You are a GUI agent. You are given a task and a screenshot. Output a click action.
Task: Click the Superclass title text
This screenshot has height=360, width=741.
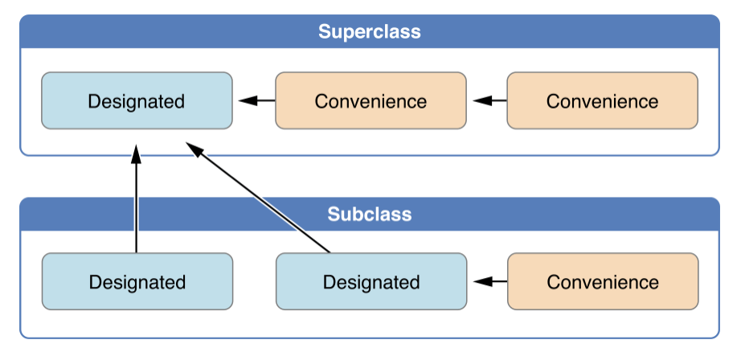370,31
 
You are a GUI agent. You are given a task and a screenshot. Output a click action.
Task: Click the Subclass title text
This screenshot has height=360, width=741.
370,214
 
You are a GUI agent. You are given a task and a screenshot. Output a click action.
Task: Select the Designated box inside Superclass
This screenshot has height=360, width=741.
137,100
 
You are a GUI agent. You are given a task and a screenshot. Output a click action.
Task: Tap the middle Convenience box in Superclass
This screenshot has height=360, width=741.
371,100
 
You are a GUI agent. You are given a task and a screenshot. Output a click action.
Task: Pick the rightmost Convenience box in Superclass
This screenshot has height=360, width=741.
603,100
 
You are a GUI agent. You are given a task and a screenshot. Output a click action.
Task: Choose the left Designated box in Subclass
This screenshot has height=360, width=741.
137,281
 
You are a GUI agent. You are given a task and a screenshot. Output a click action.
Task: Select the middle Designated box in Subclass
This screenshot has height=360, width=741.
371,281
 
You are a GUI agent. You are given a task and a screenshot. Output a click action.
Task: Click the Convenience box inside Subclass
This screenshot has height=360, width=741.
603,281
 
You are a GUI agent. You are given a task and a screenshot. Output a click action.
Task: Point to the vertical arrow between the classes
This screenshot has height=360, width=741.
136,198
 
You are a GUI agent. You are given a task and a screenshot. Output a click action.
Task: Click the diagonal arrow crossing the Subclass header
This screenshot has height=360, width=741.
257,197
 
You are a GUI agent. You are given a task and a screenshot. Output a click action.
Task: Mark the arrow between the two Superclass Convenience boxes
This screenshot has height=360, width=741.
490,100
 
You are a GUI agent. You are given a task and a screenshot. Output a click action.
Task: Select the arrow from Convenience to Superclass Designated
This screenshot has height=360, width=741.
257,100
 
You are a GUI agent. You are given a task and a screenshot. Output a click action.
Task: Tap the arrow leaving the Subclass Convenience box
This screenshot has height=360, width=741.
490,282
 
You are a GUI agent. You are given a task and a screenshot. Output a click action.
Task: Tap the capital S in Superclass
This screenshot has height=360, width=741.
325,31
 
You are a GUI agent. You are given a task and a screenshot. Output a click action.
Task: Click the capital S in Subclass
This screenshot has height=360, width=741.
334,214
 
